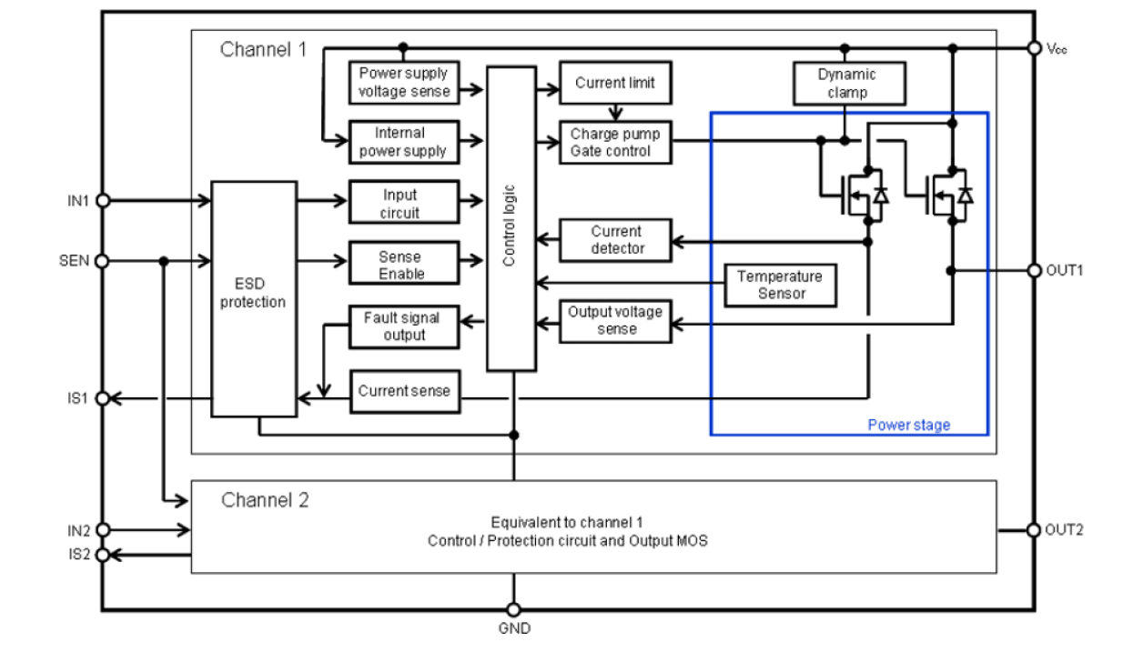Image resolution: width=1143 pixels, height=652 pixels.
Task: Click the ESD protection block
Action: point(253,298)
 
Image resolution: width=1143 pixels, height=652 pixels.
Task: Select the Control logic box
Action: point(511,218)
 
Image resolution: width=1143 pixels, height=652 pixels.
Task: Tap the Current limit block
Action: point(615,83)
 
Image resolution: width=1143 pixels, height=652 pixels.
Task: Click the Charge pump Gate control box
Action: point(615,143)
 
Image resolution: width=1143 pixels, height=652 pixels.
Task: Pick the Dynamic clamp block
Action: point(848,84)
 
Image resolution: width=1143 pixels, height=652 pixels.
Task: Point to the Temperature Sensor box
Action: point(779,285)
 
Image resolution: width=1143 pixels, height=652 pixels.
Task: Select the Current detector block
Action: point(615,240)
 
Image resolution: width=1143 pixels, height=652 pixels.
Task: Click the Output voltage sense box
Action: point(615,320)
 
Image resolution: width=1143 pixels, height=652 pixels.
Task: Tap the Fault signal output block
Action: point(401,326)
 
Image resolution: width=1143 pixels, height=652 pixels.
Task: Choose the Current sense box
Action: point(403,391)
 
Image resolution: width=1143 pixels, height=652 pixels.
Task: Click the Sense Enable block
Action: point(400,266)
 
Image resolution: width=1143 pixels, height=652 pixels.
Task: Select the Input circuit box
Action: point(400,204)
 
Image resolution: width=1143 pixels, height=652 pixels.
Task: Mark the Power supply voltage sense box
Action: point(402,83)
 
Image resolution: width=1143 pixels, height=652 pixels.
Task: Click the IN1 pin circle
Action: point(103,201)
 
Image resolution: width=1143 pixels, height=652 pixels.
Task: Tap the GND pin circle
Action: point(513,610)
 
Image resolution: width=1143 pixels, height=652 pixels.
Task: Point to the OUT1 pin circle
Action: point(1034,270)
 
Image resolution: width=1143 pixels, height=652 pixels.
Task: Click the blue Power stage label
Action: point(908,425)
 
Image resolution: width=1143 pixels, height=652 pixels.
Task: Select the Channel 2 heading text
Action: point(265,500)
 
